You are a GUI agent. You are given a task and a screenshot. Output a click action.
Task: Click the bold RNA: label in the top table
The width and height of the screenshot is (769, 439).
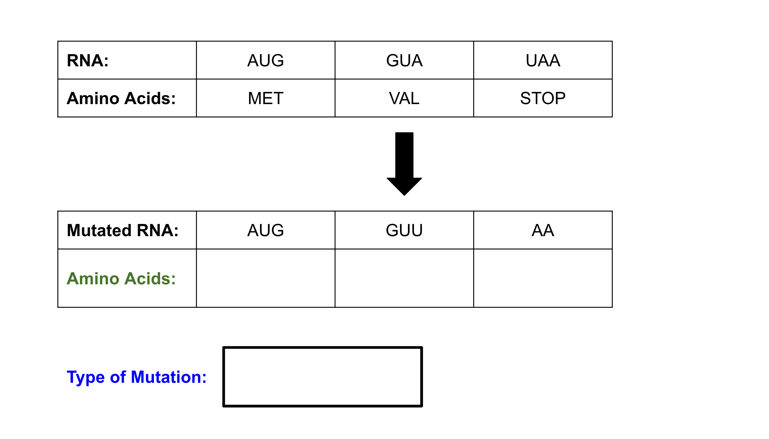click(88, 61)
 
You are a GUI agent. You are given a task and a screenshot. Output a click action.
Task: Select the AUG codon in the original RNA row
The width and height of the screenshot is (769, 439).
click(266, 61)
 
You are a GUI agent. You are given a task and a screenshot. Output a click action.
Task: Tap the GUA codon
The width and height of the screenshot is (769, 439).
click(404, 61)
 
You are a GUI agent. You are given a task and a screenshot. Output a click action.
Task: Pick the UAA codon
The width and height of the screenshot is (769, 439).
click(543, 61)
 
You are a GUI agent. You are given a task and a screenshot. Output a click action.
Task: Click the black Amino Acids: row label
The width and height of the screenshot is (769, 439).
click(121, 98)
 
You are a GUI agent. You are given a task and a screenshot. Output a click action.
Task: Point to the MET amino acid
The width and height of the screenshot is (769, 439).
click(266, 98)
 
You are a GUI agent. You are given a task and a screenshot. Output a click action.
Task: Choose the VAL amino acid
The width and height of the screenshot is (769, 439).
click(404, 98)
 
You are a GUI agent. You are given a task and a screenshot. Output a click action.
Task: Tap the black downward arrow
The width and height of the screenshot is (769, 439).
click(404, 164)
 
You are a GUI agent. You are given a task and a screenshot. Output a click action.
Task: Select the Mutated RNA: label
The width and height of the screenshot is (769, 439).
click(123, 231)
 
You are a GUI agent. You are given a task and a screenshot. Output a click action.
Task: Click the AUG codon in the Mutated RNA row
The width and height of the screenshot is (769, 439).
click(266, 231)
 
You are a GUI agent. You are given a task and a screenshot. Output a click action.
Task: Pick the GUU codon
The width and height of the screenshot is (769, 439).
click(404, 231)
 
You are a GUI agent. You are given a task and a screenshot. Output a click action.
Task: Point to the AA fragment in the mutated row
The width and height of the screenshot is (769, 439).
click(543, 231)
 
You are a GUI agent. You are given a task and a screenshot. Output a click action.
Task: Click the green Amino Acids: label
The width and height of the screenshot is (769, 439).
click(121, 279)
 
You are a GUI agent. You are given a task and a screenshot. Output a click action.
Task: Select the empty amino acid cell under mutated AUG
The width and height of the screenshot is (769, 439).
click(266, 278)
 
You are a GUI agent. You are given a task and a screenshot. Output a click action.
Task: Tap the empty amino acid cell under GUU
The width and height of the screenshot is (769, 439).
click(404, 278)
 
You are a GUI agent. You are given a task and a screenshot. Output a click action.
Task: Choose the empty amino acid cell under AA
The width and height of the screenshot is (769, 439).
click(543, 278)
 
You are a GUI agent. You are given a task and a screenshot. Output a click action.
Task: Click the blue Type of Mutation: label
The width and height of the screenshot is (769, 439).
click(136, 377)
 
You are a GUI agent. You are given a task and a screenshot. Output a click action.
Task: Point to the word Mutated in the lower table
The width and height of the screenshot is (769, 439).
click(99, 231)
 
